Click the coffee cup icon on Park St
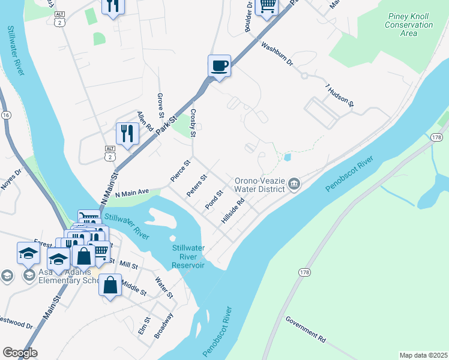coord(219,65)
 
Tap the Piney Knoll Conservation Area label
coord(409,25)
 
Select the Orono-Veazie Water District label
coord(259,184)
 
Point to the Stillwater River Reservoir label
coord(188,256)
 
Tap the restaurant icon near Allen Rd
coord(127,133)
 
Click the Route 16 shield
coord(6,115)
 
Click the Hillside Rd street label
coord(232,212)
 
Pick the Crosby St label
coord(193,123)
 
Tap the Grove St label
coord(160,105)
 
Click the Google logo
coord(20,353)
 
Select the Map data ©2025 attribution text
coord(423,355)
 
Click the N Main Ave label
coord(131,193)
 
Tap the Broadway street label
coord(163,325)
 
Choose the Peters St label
coord(196,185)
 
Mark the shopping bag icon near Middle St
coord(110,286)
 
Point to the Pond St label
coord(214,200)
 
